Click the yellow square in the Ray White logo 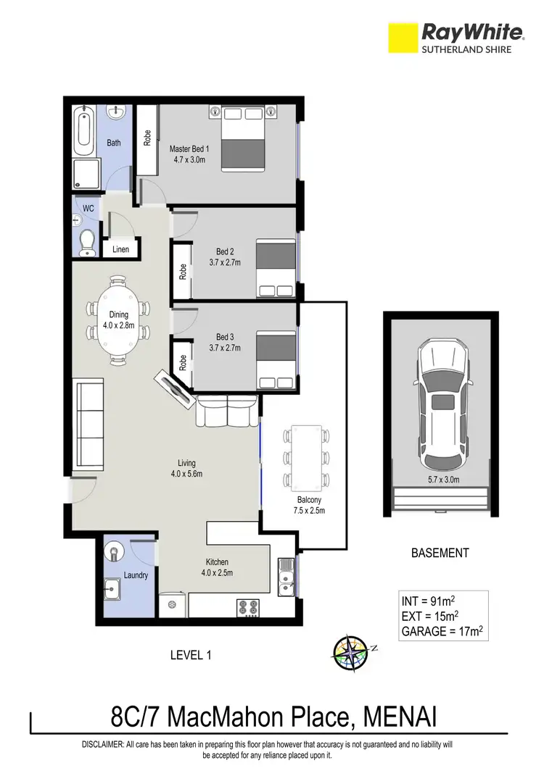click(x=403, y=37)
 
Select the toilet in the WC click(x=88, y=242)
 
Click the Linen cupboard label click(x=120, y=250)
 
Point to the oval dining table click(x=119, y=320)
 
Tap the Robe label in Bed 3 click(x=184, y=362)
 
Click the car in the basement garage click(x=441, y=406)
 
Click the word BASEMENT click(x=440, y=553)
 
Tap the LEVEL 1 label click(x=190, y=655)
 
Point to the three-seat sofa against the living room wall click(x=88, y=422)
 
